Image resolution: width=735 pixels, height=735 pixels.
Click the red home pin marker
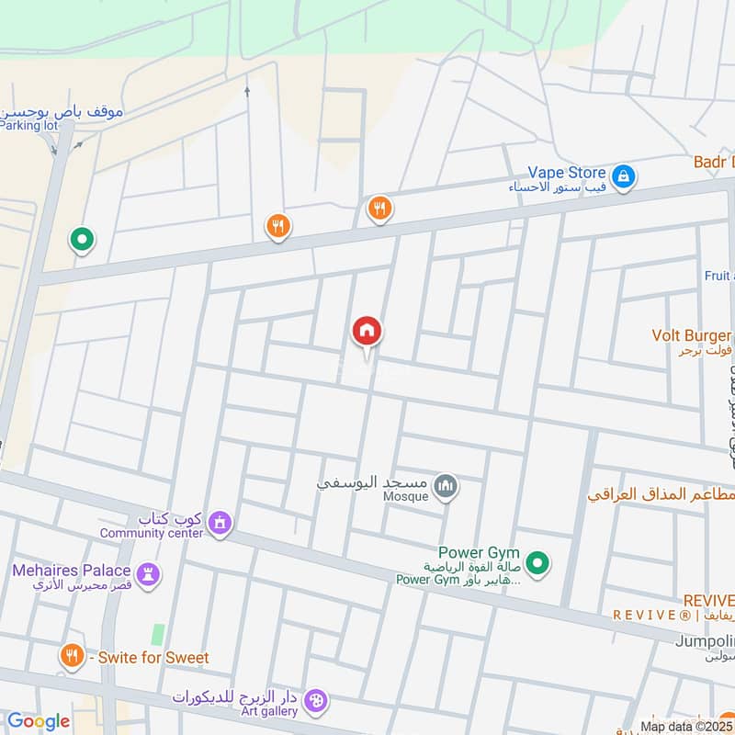pyautogui.click(x=367, y=331)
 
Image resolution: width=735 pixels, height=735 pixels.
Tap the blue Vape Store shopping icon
pyautogui.click(x=623, y=175)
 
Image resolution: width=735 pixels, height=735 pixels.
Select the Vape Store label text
pyautogui.click(x=566, y=173)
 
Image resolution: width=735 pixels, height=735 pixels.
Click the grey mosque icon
pyautogui.click(x=446, y=485)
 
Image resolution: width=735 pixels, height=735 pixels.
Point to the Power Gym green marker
pyautogui.click(x=539, y=562)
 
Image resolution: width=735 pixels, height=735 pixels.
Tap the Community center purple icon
pyautogui.click(x=219, y=523)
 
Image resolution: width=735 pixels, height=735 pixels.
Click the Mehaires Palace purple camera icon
pyautogui.click(x=148, y=575)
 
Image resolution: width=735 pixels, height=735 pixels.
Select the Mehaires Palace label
pyautogui.click(x=72, y=571)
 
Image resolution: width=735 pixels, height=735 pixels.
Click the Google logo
pyautogui.click(x=38, y=721)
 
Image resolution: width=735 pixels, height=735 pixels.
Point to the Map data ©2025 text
pyautogui.click(x=684, y=726)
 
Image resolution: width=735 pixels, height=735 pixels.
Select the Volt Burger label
pyautogui.click(x=691, y=335)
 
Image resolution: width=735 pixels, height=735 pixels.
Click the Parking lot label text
pyautogui.click(x=28, y=126)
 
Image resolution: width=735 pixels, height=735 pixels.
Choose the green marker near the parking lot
pyautogui.click(x=83, y=241)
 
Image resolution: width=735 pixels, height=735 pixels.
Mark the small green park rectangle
pyautogui.click(x=158, y=634)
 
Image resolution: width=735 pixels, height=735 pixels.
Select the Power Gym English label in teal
pyautogui.click(x=479, y=553)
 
